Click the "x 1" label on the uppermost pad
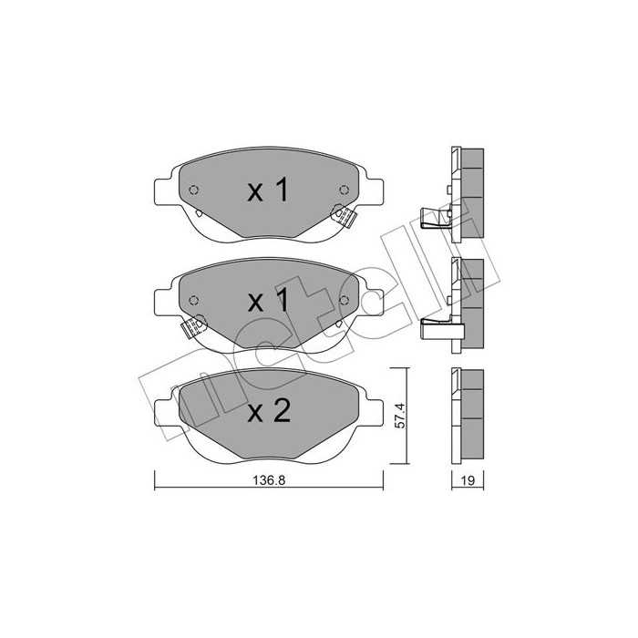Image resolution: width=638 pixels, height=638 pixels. click(268, 190)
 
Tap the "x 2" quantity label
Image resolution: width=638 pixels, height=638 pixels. click(268, 412)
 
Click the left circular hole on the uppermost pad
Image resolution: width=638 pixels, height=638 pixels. click(193, 190)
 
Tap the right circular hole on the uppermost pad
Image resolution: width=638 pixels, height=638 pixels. click(344, 190)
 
